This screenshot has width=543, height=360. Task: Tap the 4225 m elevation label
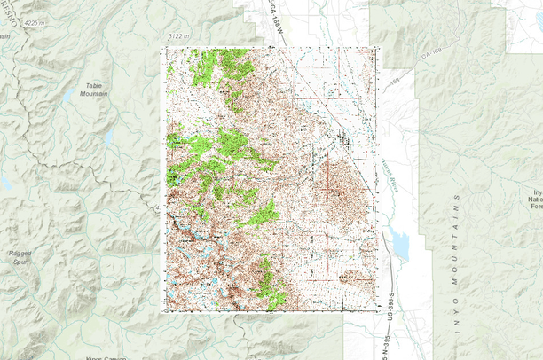tap(36, 21)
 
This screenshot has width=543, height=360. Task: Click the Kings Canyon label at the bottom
tap(105, 356)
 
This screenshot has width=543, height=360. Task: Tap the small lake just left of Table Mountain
tap(68, 95)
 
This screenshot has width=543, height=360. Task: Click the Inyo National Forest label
tap(535, 200)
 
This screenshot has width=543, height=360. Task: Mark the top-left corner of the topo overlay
tap(161, 46)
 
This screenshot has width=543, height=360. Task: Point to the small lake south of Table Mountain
tap(108, 139)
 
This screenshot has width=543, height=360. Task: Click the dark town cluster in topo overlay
tap(343, 138)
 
